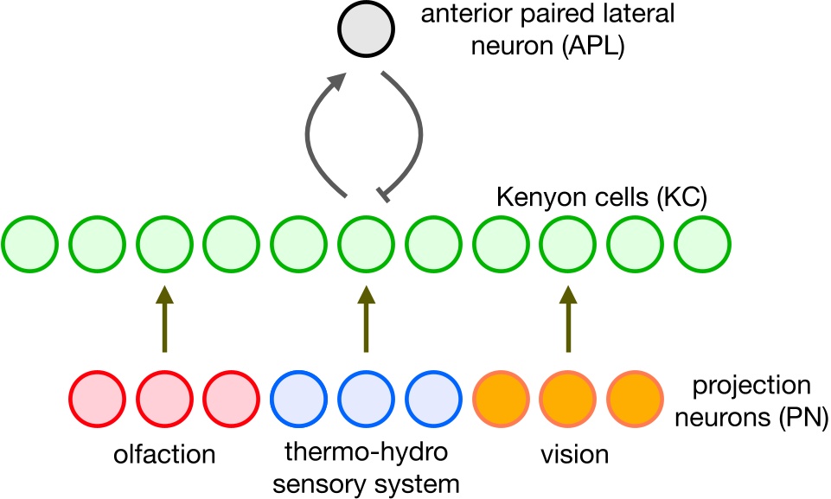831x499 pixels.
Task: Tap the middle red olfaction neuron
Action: pyautogui.click(x=164, y=397)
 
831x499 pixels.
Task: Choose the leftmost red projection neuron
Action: pyautogui.click(x=97, y=397)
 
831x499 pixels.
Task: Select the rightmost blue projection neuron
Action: pyautogui.click(x=433, y=397)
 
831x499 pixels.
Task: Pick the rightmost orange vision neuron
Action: pyautogui.click(x=636, y=397)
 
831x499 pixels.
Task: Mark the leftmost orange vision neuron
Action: pyautogui.click(x=501, y=397)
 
